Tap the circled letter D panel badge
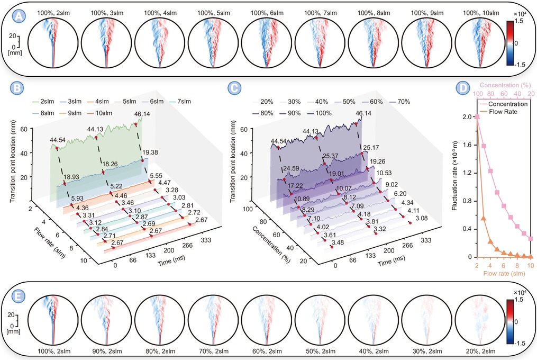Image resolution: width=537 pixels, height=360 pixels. [463, 88]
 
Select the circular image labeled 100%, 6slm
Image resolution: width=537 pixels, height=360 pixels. [267, 42]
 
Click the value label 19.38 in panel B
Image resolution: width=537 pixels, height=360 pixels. [150, 152]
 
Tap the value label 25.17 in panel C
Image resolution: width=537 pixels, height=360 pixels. [371, 148]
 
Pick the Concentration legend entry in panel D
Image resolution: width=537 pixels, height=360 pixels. [503, 104]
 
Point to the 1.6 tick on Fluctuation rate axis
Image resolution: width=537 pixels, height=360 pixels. [467, 145]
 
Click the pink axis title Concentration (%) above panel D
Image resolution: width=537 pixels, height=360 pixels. [505, 85]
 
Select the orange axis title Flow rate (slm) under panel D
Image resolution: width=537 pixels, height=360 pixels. [504, 273]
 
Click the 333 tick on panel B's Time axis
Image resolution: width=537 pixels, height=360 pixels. [206, 240]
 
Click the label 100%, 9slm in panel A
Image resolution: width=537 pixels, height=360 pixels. [427, 13]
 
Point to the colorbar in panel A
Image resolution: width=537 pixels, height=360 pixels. [510, 43]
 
